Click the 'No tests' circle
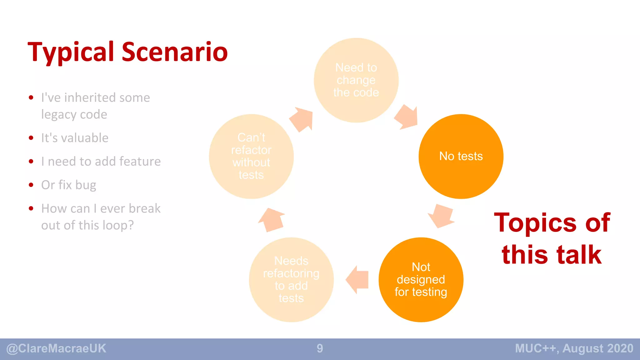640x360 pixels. pyautogui.click(x=461, y=156)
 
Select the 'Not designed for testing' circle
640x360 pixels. pyautogui.click(x=421, y=279)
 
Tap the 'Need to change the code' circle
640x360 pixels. pyautogui.click(x=356, y=80)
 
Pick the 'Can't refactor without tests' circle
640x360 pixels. pyautogui.click(x=251, y=156)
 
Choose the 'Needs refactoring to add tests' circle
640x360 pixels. pyautogui.click(x=291, y=279)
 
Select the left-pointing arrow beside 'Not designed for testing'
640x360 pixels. pyautogui.click(x=358, y=279)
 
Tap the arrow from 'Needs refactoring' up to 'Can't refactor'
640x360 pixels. pyautogui.click(x=271, y=219)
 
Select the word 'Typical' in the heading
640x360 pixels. pyautogui.click(x=71, y=52)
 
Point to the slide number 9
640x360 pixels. pyautogui.click(x=320, y=348)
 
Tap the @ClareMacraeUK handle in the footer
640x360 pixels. pyautogui.click(x=56, y=348)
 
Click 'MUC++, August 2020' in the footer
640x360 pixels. pyautogui.click(x=574, y=348)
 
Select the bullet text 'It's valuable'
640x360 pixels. pyautogui.click(x=75, y=138)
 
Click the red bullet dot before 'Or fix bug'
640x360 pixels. pyautogui.click(x=31, y=185)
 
